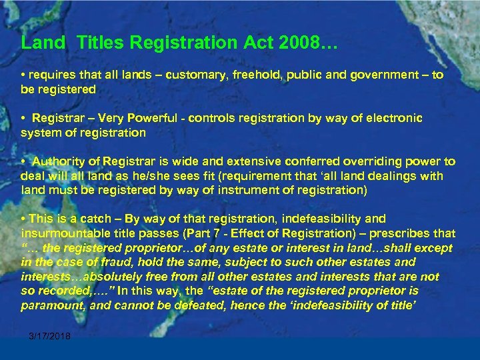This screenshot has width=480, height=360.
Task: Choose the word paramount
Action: (49, 305)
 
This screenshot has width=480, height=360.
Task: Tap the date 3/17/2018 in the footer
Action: (49, 336)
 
